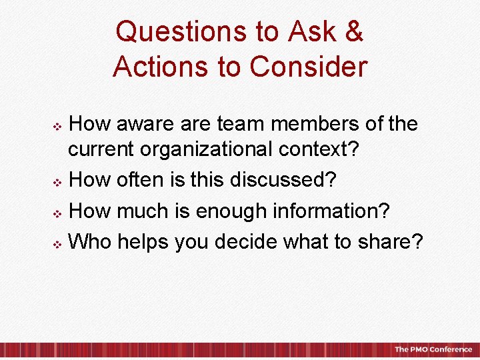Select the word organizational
pyautogui.click(x=221, y=150)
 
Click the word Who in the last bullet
pyautogui.click(x=90, y=241)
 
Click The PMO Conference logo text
pyautogui.click(x=433, y=350)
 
